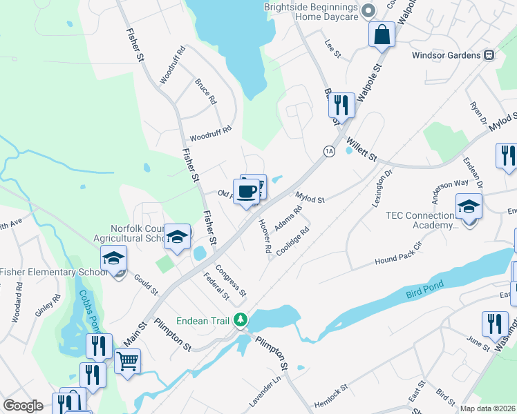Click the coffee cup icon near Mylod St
247,190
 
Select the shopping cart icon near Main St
127,360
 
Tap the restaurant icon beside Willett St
341,105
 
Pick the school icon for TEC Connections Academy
469,206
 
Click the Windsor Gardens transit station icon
489,55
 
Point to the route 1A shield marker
329,151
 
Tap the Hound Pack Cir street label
398,255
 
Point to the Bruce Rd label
206,91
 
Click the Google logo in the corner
23,406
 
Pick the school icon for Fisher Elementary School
113,259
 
